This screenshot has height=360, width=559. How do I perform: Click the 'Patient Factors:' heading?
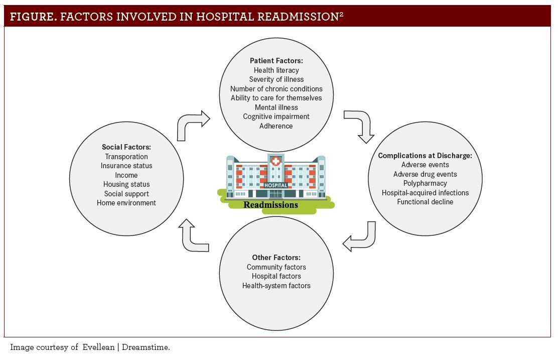[276, 61]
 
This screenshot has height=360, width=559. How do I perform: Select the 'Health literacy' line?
[276, 70]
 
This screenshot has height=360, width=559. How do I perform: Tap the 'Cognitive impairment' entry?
[276, 116]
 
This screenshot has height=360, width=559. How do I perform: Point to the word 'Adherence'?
[276, 126]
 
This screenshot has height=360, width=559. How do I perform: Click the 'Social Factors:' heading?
[126, 147]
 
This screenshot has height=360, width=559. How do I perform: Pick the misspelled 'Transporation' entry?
[126, 157]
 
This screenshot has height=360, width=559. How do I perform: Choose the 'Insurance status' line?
[126, 166]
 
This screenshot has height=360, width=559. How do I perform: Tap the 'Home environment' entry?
[126, 203]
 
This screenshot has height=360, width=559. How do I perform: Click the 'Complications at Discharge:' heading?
[425, 156]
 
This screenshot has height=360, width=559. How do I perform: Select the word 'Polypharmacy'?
[425, 183]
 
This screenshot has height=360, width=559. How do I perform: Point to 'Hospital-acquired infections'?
[425, 193]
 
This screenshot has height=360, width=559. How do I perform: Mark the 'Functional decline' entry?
[425, 202]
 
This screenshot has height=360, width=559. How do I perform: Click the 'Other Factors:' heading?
[276, 258]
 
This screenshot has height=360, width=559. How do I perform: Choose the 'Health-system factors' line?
[276, 286]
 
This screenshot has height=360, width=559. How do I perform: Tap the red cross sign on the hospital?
[275, 162]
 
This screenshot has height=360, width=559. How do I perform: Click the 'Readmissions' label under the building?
[270, 205]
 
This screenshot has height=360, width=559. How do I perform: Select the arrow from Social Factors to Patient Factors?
[193, 125]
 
